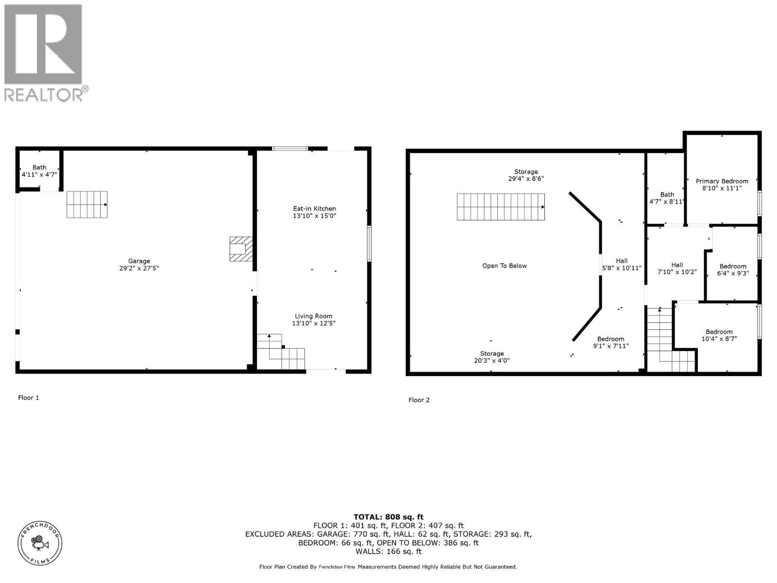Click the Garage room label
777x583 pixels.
(x=139, y=261)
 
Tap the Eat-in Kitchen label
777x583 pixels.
(x=314, y=208)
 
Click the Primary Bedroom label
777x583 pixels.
(x=722, y=181)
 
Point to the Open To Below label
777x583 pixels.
(x=504, y=266)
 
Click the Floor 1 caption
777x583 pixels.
(x=29, y=397)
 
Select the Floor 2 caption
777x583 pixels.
(x=419, y=400)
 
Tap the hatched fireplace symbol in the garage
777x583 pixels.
(x=241, y=249)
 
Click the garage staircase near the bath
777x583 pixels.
(x=87, y=204)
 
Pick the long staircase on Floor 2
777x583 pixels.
(x=500, y=207)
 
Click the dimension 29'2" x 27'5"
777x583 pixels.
(x=139, y=268)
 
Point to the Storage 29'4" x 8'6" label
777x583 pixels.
(x=526, y=175)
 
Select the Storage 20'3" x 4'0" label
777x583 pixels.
(x=492, y=357)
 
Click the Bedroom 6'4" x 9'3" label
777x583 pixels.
(x=733, y=270)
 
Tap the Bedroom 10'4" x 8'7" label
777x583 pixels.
(x=719, y=335)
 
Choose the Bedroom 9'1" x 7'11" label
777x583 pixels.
(x=611, y=343)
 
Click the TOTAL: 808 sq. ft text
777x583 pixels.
(x=388, y=517)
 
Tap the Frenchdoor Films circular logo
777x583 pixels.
(x=40, y=543)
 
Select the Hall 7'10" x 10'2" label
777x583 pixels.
(x=677, y=268)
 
